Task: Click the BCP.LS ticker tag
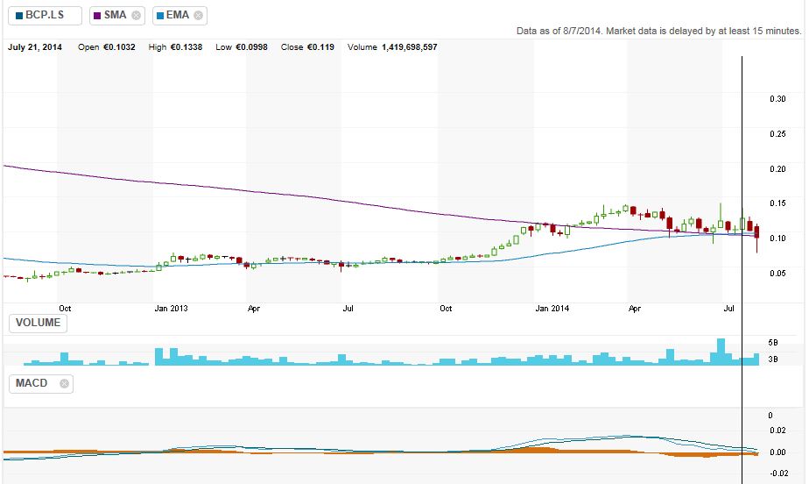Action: coord(45,15)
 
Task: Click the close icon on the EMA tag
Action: coord(199,15)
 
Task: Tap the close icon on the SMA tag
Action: coord(136,15)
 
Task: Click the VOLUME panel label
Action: coord(38,323)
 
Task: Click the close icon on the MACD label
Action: coord(65,383)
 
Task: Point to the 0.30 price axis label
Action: coord(777,99)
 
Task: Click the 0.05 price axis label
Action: coord(777,273)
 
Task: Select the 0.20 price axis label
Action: coord(777,168)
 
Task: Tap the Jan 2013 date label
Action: coord(172,309)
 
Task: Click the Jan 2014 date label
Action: coord(552,309)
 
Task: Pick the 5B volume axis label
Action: coord(773,341)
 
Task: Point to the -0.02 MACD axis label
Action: coord(776,473)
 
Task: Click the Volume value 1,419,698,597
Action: coord(409,46)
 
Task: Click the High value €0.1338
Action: coord(186,46)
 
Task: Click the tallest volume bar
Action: coord(721,352)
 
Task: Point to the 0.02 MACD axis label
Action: coord(777,431)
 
